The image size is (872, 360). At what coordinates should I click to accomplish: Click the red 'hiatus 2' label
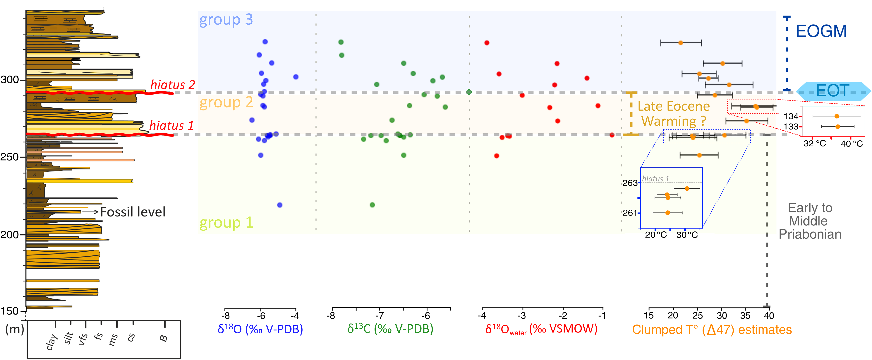[x=173, y=85]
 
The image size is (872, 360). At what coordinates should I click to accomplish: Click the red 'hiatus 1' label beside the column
[x=171, y=126]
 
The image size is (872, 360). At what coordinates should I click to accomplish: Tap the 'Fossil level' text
[x=133, y=212]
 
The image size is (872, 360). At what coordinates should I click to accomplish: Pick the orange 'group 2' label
[x=226, y=102]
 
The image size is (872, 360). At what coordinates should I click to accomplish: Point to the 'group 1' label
[x=226, y=223]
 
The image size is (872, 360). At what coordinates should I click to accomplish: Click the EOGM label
[x=821, y=31]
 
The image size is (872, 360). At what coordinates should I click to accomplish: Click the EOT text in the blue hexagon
[x=832, y=91]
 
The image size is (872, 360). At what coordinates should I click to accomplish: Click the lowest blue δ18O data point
[x=280, y=205]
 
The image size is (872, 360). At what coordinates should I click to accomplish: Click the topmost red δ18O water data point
[x=487, y=43]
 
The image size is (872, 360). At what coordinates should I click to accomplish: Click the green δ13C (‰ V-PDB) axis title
[x=390, y=328]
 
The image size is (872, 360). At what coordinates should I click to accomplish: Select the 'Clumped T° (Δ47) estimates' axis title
[x=712, y=330]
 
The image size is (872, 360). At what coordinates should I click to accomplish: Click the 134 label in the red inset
[x=791, y=116]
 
